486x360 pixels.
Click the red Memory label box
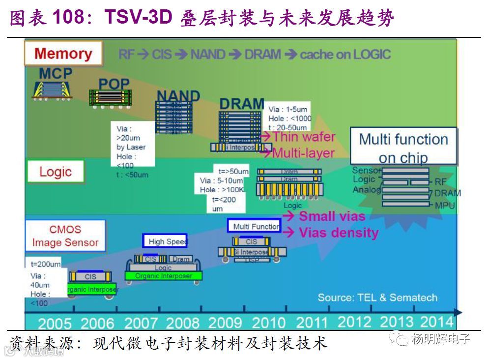click(x=63, y=53)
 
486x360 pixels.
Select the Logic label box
click(x=56, y=172)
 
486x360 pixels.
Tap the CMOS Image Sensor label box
click(x=65, y=236)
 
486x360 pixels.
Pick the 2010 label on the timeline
click(x=269, y=323)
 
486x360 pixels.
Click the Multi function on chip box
click(x=403, y=147)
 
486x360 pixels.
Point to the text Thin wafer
click(x=304, y=137)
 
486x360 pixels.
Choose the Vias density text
click(x=339, y=232)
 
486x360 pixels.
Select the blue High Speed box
click(x=165, y=241)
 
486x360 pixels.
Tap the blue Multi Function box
click(x=254, y=226)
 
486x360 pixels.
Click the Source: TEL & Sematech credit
click(x=377, y=297)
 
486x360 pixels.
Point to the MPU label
click(x=445, y=205)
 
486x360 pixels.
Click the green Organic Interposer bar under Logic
click(x=163, y=276)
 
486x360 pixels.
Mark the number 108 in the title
click(x=72, y=18)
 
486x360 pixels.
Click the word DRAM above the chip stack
click(x=241, y=104)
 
